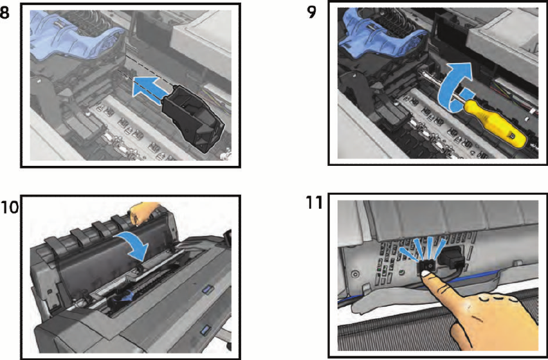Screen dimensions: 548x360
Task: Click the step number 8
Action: click(x=5, y=13)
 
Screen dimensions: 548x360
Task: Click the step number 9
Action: click(x=311, y=12)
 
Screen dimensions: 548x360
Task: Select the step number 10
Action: click(x=9, y=207)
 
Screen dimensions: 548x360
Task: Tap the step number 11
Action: click(x=314, y=203)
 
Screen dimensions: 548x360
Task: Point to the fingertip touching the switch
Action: click(x=426, y=274)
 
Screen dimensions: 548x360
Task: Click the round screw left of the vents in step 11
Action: click(x=355, y=273)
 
